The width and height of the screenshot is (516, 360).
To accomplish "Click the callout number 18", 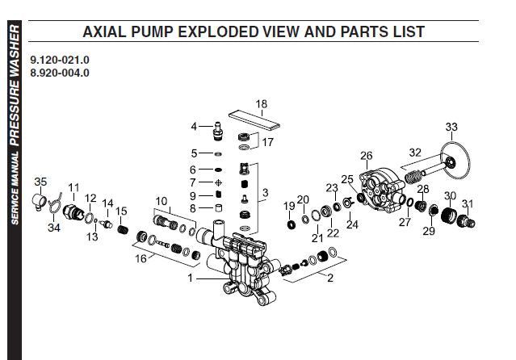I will (x=260, y=104).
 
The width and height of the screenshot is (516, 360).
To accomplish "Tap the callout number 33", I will (x=451, y=127).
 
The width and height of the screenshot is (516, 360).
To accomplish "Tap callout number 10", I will (x=161, y=200).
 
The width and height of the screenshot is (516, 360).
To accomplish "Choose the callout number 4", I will (x=195, y=127).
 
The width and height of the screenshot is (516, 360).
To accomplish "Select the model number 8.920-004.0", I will (x=60, y=73).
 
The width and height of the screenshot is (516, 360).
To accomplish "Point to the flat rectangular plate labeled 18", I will (x=254, y=120).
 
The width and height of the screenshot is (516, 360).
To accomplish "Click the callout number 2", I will (x=329, y=279).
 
